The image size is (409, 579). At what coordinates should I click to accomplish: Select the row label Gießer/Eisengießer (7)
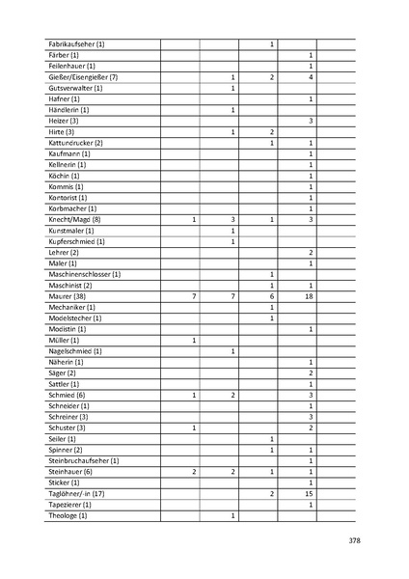pyautogui.click(x=82, y=77)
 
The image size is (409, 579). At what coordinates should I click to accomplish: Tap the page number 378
pyautogui.click(x=354, y=539)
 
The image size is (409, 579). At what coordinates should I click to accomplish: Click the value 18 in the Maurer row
pyautogui.click(x=311, y=296)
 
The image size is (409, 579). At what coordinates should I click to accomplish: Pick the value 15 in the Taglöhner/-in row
pyautogui.click(x=311, y=494)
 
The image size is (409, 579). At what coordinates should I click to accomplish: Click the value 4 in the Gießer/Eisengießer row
pyautogui.click(x=311, y=77)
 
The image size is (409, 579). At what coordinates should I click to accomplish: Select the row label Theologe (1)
pyautogui.click(x=68, y=516)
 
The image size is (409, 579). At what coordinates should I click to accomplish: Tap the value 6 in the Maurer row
pyautogui.click(x=272, y=296)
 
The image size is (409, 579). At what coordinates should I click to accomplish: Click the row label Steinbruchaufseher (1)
pyautogui.click(x=83, y=461)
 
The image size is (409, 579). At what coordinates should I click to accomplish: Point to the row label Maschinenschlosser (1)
pyautogui.click(x=84, y=275)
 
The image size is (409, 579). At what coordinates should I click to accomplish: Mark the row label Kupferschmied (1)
pyautogui.click(x=76, y=241)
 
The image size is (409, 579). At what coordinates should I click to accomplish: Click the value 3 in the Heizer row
pyautogui.click(x=311, y=121)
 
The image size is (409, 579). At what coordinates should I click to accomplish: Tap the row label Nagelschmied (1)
pyautogui.click(x=74, y=351)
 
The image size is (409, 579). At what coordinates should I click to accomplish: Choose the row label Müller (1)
pyautogui.click(x=63, y=341)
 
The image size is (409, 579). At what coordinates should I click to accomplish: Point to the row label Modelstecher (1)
pyautogui.click(x=74, y=318)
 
